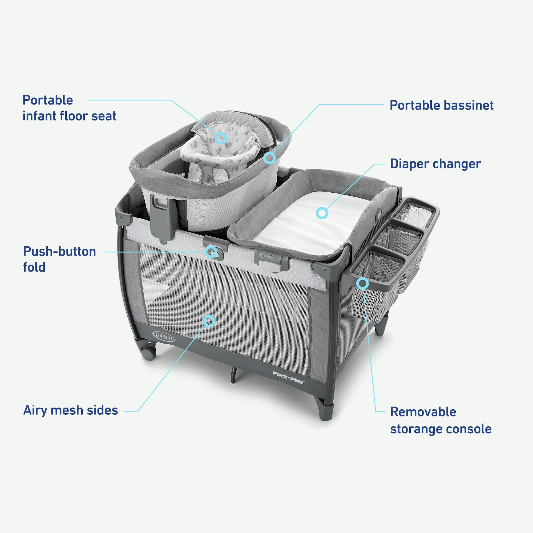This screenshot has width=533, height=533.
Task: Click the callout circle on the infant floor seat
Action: tap(221, 138)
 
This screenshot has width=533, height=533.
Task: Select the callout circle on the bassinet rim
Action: tap(269, 158)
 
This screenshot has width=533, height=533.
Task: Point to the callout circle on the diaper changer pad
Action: tap(321, 213)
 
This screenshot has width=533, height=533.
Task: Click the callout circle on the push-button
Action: tap(212, 252)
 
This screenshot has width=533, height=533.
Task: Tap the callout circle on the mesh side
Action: tap(209, 321)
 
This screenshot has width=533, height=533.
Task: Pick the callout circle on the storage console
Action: tap(362, 283)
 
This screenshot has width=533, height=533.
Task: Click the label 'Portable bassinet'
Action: tap(441, 105)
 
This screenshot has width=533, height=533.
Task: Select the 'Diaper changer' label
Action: tap(435, 164)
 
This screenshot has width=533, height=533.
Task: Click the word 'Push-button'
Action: tap(60, 252)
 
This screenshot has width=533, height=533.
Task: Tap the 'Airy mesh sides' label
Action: tap(71, 410)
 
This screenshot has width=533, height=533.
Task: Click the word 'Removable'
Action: tap(423, 412)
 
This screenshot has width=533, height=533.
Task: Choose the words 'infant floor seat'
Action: tap(69, 116)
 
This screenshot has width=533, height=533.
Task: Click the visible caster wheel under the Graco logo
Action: tap(148, 354)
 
